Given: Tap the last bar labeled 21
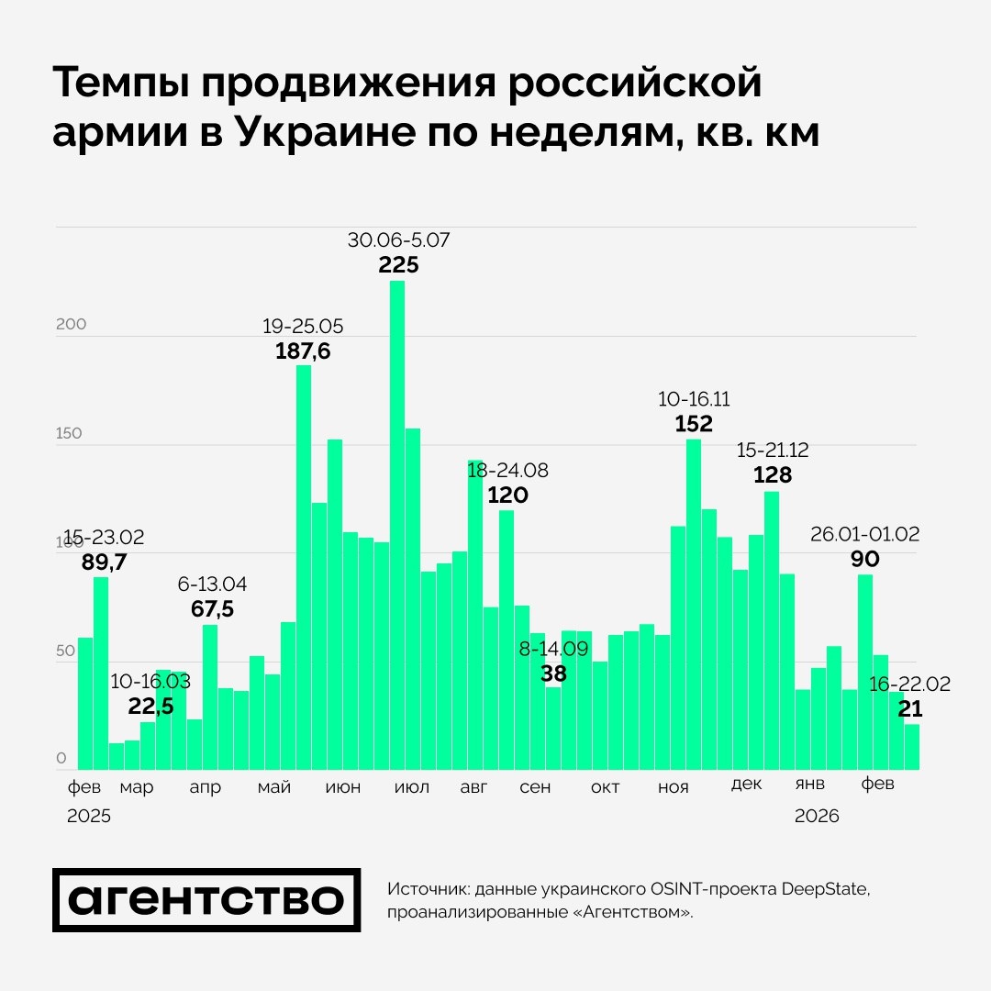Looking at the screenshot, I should [x=912, y=747].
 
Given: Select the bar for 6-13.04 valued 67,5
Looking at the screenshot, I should [x=210, y=696].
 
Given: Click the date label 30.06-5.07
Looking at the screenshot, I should [x=398, y=241].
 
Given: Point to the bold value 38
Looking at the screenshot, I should [x=553, y=674].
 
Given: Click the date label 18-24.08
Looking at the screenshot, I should [x=507, y=471].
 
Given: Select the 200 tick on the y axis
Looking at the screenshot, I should [x=71, y=325].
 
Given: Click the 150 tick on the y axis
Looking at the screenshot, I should [x=71, y=433].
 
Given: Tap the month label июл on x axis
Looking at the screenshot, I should [x=410, y=787].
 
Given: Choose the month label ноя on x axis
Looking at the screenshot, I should [x=674, y=787].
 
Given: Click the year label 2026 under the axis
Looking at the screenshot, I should [x=817, y=816].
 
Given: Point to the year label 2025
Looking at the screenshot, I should [x=89, y=816].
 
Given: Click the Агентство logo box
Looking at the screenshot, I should [x=206, y=900].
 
